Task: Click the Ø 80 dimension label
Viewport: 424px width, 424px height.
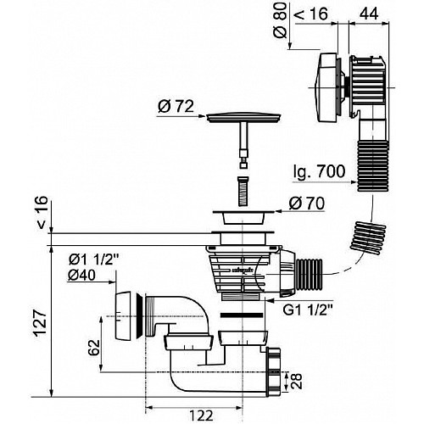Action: (280, 20)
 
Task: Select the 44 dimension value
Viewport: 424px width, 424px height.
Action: (369, 14)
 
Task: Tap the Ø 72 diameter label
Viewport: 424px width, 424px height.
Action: (176, 107)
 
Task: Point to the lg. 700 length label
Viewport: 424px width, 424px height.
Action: (320, 171)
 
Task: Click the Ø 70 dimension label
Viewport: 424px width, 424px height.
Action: (306, 204)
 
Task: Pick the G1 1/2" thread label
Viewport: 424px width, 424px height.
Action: (308, 310)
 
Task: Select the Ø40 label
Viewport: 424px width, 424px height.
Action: (81, 275)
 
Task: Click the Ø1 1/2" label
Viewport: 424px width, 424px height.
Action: (93, 259)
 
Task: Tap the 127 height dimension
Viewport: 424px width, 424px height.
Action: (41, 323)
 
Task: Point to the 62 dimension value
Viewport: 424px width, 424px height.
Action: (94, 348)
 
